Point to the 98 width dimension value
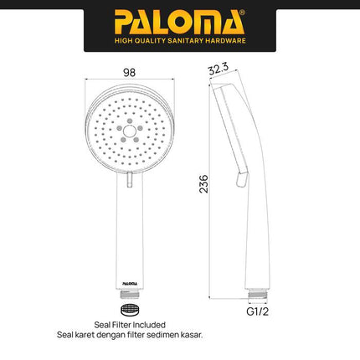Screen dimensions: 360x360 point(129,73)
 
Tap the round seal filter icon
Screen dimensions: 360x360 point(129,310)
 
